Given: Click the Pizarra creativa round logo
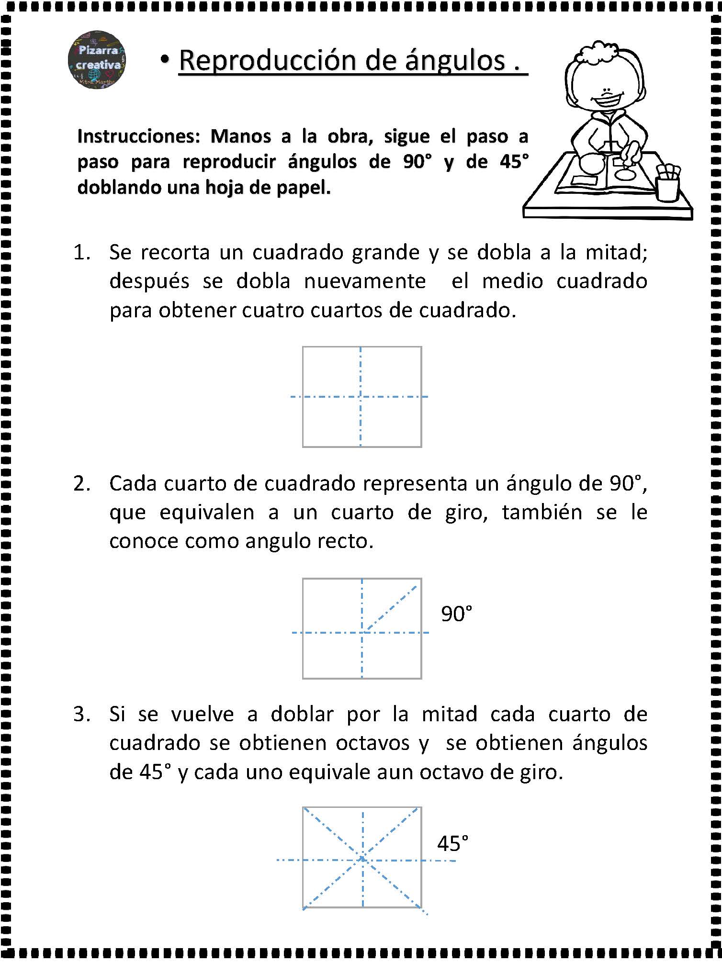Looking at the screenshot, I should (97, 60).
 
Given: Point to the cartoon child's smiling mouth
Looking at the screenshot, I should (607, 101).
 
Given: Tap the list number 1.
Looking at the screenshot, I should (81, 253).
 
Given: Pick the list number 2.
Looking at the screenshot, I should (81, 484).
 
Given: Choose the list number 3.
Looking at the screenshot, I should (81, 715).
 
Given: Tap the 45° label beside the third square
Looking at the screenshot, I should (452, 844).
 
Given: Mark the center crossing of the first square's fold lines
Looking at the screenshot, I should (361, 396).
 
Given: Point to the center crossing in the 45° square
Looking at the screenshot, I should (363, 860).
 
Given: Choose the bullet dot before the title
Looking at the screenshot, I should (165, 60).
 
